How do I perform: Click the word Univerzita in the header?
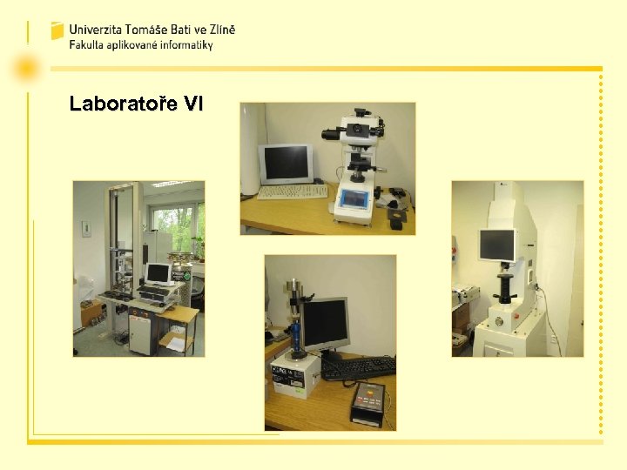pos(97,29)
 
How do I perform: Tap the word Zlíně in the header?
pos(218,29)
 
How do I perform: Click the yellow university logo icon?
pos(57,31)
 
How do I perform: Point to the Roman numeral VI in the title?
pos(194,105)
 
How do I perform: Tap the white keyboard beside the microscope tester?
pos(292,191)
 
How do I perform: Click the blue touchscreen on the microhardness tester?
pos(355,198)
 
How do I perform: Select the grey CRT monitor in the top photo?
pos(286,163)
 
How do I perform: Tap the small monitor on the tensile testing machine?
pos(158,273)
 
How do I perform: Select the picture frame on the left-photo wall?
pos(86,229)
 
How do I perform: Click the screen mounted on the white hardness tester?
pos(496,245)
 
